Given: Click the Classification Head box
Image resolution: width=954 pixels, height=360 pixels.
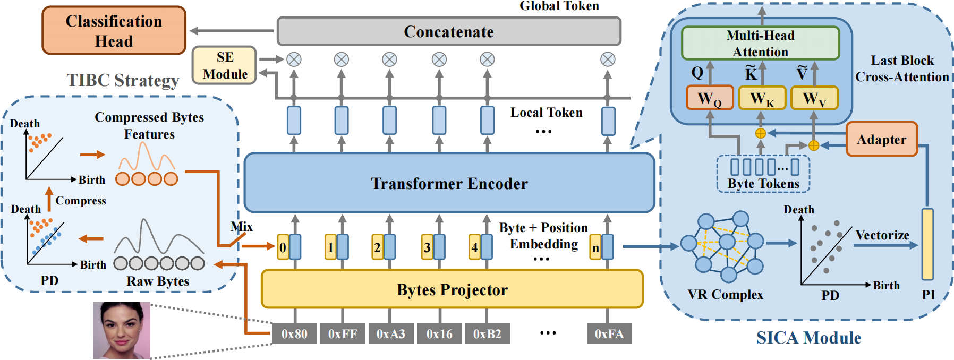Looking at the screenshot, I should [x=114, y=31].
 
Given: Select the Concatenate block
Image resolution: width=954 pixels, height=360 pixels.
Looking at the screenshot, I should [x=449, y=31].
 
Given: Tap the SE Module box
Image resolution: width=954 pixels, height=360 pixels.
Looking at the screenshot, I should [x=225, y=65].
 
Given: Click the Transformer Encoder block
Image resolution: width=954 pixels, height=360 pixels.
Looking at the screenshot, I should [x=449, y=183].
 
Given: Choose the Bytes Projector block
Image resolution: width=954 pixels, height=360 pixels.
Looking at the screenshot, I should [x=452, y=289].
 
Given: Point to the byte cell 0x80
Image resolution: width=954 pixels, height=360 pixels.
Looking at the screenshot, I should [x=294, y=334].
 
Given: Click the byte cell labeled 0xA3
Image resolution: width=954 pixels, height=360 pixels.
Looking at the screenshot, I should [x=390, y=334].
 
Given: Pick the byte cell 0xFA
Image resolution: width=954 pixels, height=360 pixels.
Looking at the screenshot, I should [x=609, y=334].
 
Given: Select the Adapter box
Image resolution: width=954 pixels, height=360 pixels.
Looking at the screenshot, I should [x=881, y=140].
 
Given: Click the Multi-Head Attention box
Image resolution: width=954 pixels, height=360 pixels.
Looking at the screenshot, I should [x=760, y=44].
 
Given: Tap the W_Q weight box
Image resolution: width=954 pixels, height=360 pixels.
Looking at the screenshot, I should [x=710, y=98].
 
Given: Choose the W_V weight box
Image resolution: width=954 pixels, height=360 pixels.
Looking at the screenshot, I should [x=814, y=98].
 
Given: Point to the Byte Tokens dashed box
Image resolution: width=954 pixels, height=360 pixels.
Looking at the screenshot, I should [x=763, y=174].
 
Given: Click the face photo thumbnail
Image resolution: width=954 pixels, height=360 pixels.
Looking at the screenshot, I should [x=122, y=330].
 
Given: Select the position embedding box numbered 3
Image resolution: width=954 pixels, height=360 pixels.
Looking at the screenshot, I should [x=427, y=247].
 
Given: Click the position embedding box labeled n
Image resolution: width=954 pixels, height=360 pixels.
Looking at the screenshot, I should [x=595, y=247].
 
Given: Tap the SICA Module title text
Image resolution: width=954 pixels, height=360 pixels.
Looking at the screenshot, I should [x=808, y=338].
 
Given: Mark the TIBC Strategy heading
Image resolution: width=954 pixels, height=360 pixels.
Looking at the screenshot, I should [x=123, y=80].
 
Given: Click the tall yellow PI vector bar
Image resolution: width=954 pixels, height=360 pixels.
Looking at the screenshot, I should [x=927, y=244].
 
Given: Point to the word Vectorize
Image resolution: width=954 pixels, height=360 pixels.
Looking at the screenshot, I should [x=882, y=235].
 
